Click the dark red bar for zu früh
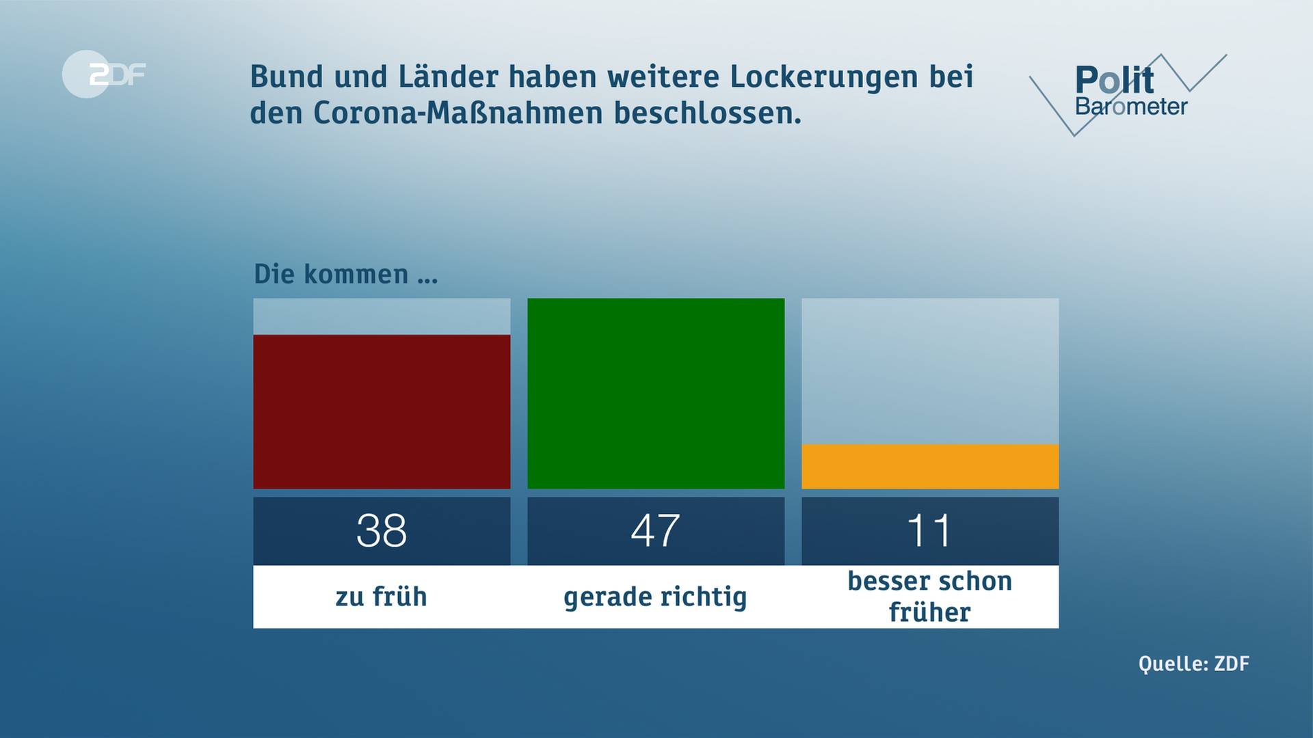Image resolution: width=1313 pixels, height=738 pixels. [382, 411]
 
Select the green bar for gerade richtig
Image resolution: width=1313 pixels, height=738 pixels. [656, 393]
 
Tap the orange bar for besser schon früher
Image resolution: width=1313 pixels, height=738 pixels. [930, 466]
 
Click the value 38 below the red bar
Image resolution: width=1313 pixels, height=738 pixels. [382, 530]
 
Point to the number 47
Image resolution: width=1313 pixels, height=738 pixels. [656, 530]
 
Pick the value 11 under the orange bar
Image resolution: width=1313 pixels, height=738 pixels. [929, 530]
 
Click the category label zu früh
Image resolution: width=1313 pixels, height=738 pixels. [381, 597]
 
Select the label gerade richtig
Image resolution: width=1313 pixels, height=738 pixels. [655, 597]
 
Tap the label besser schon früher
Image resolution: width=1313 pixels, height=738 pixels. [929, 596]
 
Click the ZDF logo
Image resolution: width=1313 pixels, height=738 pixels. [104, 74]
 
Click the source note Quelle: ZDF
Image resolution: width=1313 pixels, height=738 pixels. [1193, 664]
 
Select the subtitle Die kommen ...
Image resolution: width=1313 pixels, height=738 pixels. [345, 274]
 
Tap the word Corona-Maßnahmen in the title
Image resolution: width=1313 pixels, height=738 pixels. [458, 113]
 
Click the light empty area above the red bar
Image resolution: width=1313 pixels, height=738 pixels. [382, 316]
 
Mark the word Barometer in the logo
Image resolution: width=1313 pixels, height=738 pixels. [1131, 107]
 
